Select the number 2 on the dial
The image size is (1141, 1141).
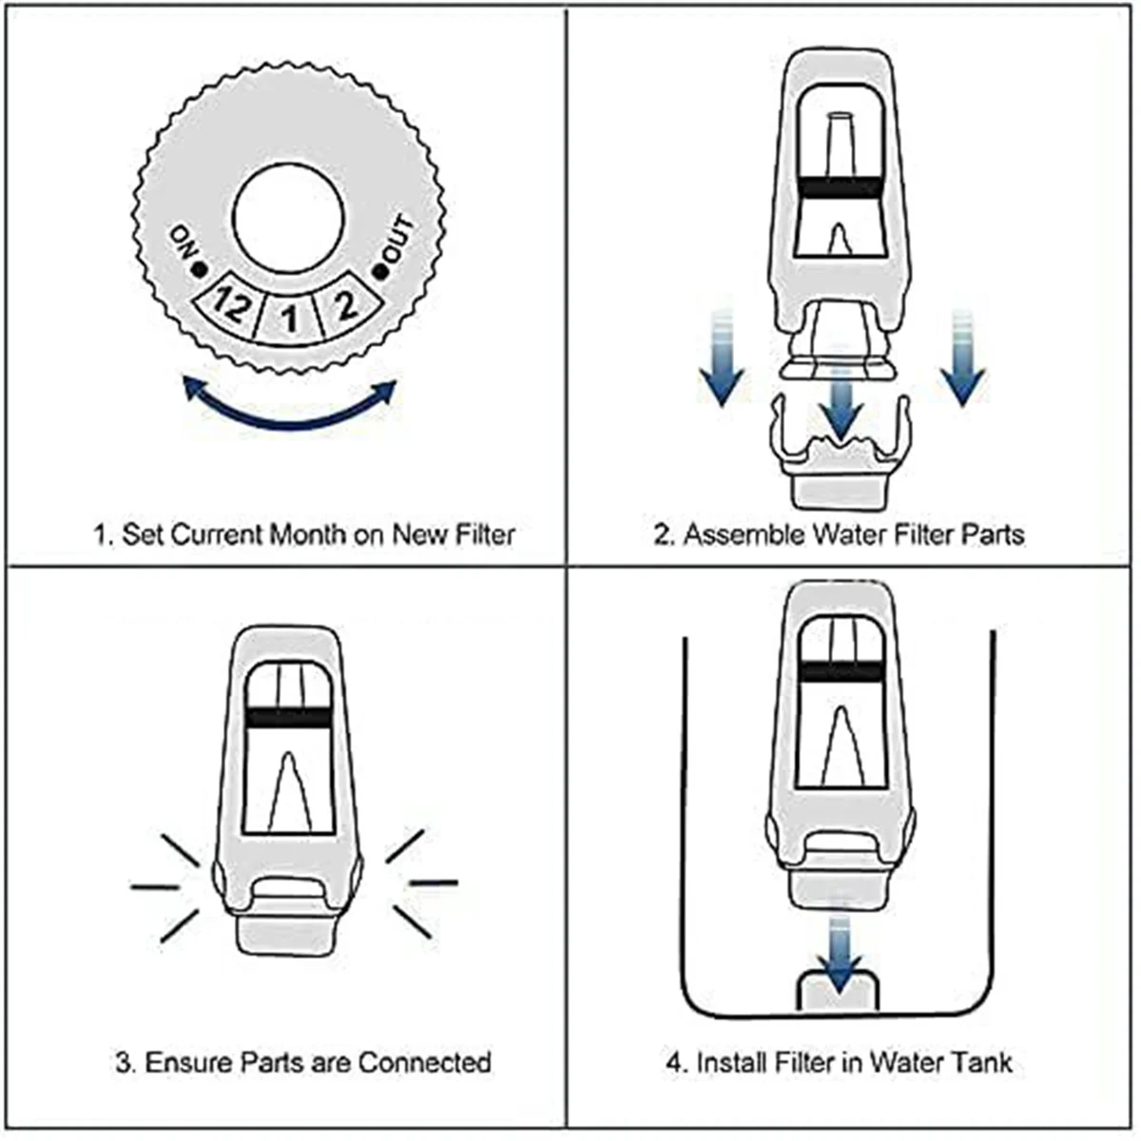pyautogui.click(x=346, y=305)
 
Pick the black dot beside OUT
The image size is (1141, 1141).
pyautogui.click(x=380, y=272)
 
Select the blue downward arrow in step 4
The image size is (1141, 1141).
pyautogui.click(x=838, y=956)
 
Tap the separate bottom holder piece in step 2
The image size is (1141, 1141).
pyautogui.click(x=838, y=456)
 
